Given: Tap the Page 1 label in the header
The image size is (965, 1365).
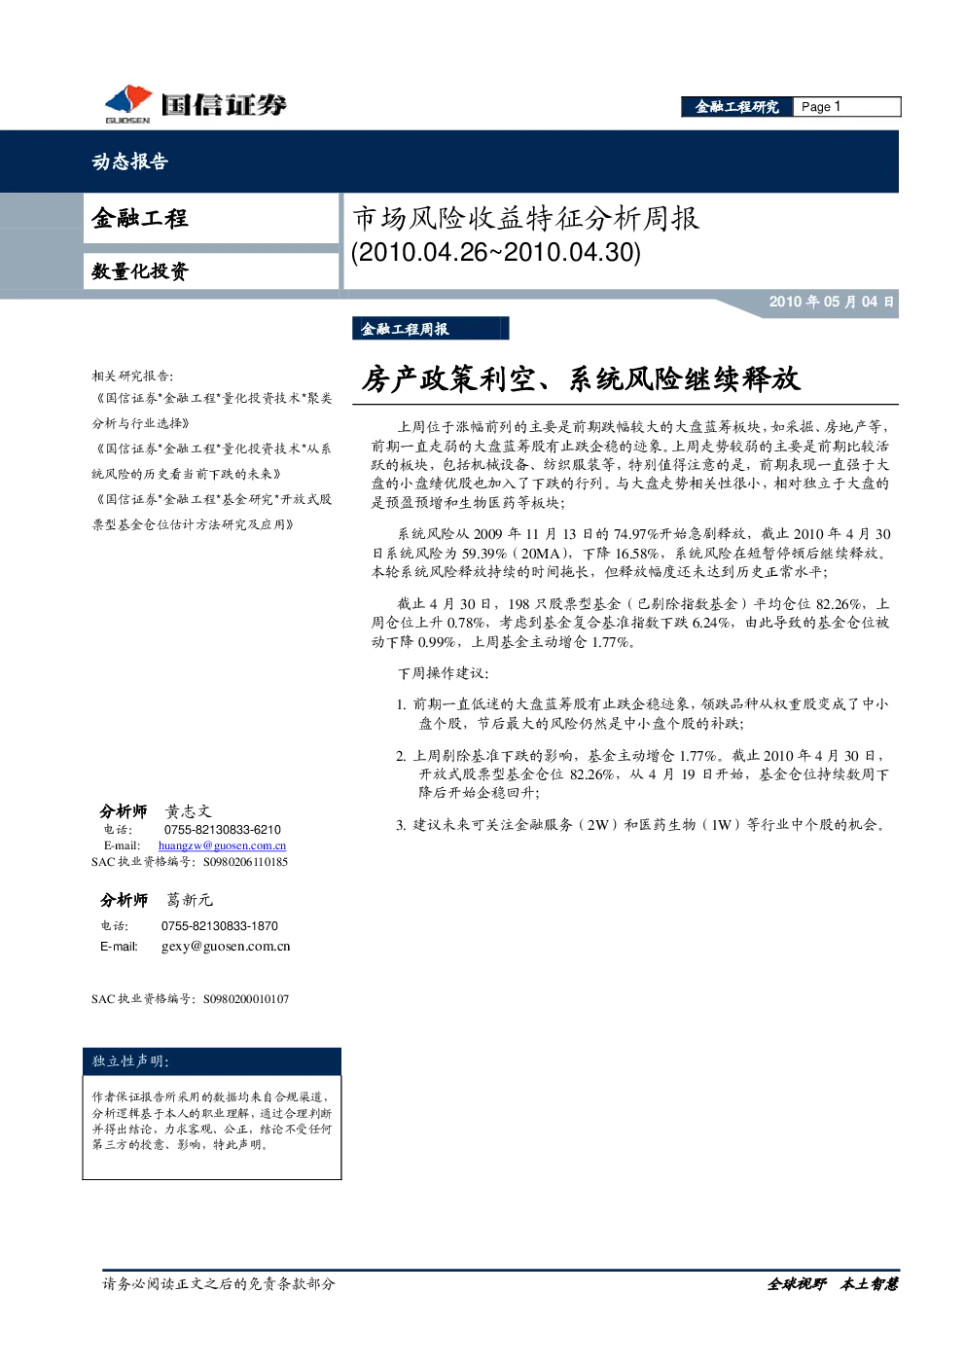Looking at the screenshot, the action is tap(821, 107).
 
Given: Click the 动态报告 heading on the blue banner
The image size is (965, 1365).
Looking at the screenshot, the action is tap(129, 161).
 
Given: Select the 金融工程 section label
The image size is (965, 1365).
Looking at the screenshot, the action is tap(139, 218).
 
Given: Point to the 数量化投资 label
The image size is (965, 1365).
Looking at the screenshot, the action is tap(140, 270).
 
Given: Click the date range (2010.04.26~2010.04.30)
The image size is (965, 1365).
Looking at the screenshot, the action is tap(496, 252).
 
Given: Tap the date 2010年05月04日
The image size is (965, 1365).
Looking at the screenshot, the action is tap(831, 302).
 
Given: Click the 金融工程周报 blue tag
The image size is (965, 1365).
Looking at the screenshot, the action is tap(430, 329).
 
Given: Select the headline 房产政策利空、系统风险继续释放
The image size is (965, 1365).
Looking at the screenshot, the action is tap(581, 378).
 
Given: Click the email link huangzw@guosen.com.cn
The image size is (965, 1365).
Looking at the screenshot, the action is tap(223, 845).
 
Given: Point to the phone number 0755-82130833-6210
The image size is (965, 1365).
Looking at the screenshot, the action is tap(223, 829).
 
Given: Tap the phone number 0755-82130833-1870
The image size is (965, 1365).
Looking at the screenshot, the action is tap(219, 925).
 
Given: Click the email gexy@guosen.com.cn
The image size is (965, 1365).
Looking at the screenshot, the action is tap(226, 947).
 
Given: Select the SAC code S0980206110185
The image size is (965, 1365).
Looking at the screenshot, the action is tap(245, 862).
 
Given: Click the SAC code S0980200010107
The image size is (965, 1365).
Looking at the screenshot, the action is tap(246, 999).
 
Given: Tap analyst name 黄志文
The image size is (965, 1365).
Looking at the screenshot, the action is tap(189, 811).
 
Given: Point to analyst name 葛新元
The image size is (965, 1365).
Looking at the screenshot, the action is tap(190, 900).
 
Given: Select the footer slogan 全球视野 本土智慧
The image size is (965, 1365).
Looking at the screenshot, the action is tap(833, 1284).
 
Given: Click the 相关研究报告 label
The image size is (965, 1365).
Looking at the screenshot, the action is tap(132, 376).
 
